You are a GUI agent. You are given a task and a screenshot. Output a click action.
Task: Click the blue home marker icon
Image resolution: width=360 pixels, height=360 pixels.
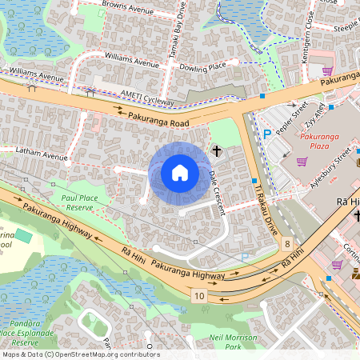[x=180, y=173]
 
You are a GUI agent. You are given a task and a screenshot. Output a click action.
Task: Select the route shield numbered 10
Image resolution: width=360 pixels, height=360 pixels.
[x=198, y=296]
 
